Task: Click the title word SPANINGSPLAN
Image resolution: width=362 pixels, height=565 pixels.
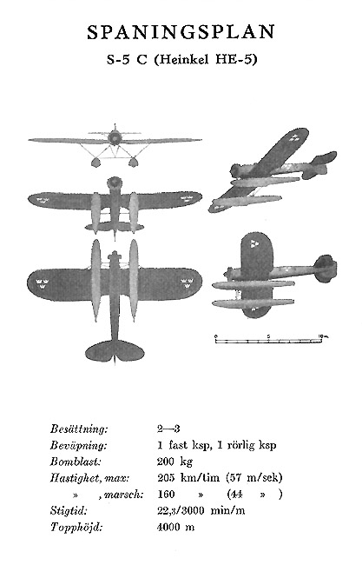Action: tap(181, 32)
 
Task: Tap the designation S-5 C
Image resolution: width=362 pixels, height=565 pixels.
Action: tap(127, 59)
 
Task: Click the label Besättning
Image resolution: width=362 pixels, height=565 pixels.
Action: tap(79, 429)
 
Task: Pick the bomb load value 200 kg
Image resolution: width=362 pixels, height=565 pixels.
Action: tap(174, 462)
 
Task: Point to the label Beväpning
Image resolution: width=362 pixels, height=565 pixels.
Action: tap(78, 445)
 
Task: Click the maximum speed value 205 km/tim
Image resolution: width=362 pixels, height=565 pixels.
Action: tap(188, 478)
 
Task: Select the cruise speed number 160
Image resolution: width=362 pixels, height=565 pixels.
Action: tap(166, 494)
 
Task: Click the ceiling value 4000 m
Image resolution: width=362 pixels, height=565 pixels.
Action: tap(175, 527)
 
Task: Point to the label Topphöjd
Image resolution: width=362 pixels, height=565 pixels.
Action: tap(76, 528)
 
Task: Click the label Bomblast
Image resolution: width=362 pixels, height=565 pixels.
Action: tap(76, 462)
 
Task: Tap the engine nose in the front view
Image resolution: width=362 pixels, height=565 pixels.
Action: tap(115, 137)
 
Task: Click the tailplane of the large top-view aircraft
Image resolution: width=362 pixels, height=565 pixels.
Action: tap(115, 350)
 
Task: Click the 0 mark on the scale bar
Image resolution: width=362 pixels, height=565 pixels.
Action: tap(216, 336)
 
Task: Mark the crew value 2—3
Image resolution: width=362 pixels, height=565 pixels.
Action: tap(168, 429)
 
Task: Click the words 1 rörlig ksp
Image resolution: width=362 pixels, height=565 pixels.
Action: tap(247, 445)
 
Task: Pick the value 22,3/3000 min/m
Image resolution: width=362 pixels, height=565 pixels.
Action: tap(201, 510)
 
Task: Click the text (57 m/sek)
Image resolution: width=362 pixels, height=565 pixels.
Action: tap(254, 478)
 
